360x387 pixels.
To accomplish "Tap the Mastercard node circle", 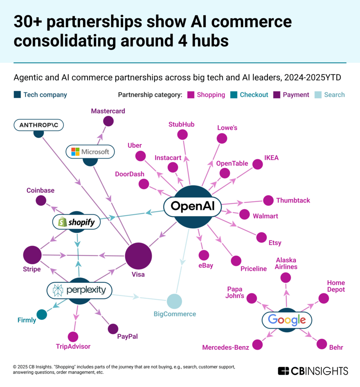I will [x=108, y=121].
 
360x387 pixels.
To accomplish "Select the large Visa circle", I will [x=138, y=256].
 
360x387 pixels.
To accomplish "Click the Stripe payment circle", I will [x=32, y=255].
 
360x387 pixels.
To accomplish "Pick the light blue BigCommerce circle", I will [x=174, y=301].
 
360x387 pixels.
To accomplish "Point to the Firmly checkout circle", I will [x=42, y=314].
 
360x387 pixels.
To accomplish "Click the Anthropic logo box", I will [x=38, y=125].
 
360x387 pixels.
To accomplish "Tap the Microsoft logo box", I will [x=90, y=152].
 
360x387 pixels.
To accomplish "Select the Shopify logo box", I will [x=76, y=222].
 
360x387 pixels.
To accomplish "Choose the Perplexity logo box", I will [x=79, y=290].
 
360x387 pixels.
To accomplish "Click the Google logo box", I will [x=287, y=320].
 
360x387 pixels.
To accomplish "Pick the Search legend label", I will [x=334, y=94].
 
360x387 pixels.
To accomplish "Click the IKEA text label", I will [x=271, y=158].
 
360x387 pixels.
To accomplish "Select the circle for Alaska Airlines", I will [x=286, y=278].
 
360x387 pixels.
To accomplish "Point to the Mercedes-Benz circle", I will [x=257, y=345].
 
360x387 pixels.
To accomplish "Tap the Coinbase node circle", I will [x=41, y=201].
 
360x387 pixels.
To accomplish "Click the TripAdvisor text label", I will [x=73, y=346].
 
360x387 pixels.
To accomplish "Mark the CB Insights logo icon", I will [x=283, y=371].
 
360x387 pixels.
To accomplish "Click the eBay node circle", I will [x=204, y=255].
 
